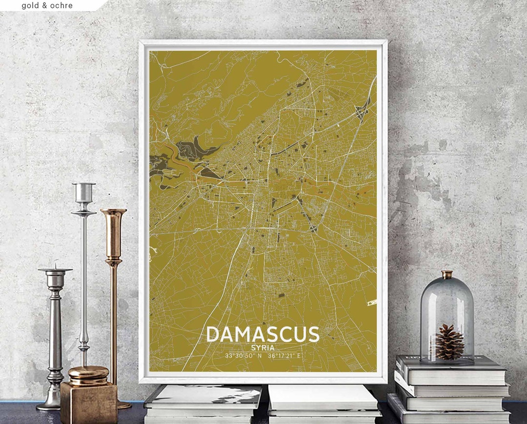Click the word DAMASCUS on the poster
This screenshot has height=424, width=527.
point(263,334)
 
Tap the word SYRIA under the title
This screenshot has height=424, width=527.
point(263,348)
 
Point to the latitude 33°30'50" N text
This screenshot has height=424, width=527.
point(243,356)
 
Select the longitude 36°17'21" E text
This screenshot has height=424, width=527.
point(284,356)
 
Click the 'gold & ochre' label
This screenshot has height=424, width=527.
point(47,5)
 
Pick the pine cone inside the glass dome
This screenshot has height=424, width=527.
point(449,342)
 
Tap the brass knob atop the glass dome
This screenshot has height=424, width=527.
point(447,274)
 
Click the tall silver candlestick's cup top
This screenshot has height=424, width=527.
point(83,192)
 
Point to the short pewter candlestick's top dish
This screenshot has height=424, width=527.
point(55,270)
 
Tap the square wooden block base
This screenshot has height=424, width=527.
point(89,403)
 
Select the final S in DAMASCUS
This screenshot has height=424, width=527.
point(313,334)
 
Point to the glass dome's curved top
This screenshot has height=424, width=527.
point(447,288)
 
